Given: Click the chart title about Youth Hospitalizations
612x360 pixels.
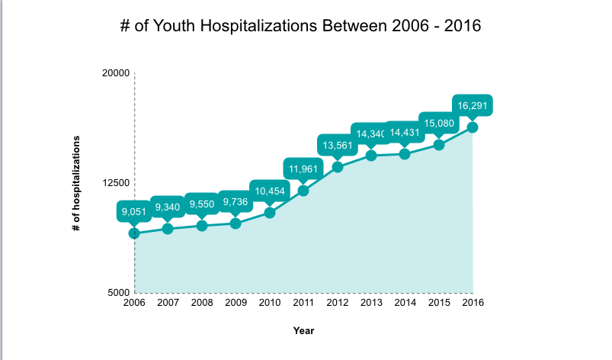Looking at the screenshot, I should click(300, 25).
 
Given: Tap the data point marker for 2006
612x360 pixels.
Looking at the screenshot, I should click(134, 233).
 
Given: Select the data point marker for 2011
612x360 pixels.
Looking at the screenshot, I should click(303, 191).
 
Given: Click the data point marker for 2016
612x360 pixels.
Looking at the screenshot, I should click(473, 127).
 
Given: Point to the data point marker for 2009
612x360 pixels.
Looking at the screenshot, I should click(236, 223).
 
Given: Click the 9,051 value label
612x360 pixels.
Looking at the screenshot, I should click(134, 211).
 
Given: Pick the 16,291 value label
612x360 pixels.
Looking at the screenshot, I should click(473, 105).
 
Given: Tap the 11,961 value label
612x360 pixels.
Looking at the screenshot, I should click(303, 169).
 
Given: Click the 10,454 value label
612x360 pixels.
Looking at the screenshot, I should click(269, 191).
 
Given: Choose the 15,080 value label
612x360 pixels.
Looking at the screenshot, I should click(438, 123).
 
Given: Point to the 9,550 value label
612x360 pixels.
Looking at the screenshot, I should click(202, 204).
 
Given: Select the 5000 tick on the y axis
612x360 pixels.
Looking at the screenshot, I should click(118, 292).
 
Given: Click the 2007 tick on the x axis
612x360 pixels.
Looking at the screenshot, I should click(168, 303).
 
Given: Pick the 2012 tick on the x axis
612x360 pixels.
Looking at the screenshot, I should click(337, 303).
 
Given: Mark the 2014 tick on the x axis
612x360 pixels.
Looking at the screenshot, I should click(405, 303).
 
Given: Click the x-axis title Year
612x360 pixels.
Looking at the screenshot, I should click(303, 331).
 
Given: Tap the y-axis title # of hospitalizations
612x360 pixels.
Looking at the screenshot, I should click(77, 183).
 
